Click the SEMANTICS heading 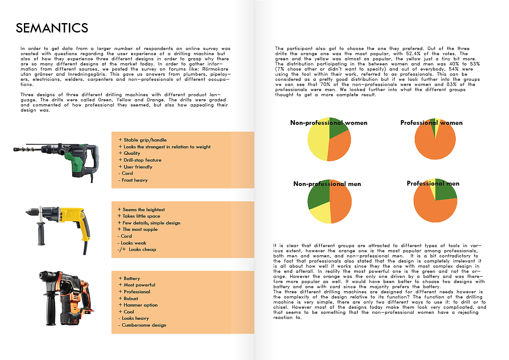[52, 28]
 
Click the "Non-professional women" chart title [328, 123]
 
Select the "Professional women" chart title [431, 123]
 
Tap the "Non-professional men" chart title [327, 184]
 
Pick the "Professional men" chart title [433, 183]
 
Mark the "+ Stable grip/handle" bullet [142, 140]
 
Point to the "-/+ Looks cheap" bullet [136, 249]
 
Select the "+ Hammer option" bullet [138, 305]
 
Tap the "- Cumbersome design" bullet [141, 325]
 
